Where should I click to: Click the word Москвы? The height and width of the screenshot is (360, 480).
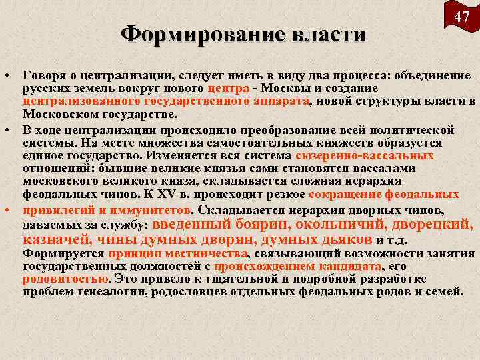(x=289, y=89)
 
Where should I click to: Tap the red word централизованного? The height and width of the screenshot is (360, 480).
(x=81, y=101)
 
